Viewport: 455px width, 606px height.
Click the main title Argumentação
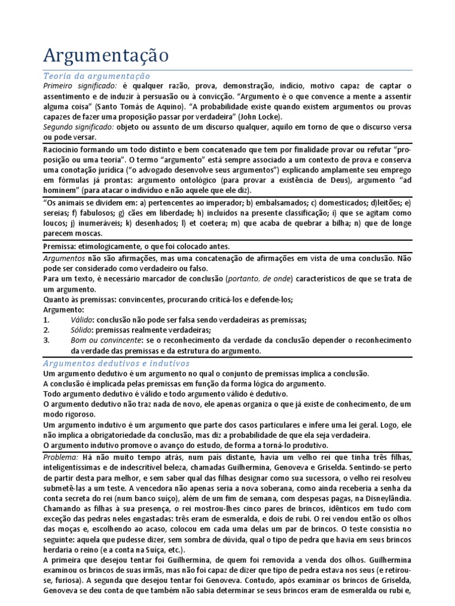106,56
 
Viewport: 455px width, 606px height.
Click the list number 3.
47,340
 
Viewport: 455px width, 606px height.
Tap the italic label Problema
61,459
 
